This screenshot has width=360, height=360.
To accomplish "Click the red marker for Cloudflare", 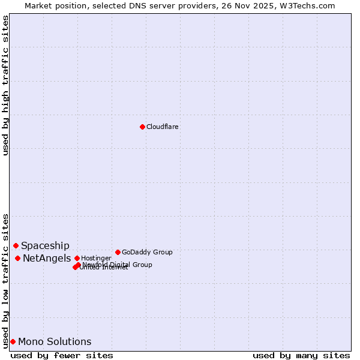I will pyautogui.click(x=142, y=127).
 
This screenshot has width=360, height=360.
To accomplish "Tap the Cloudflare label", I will pyautogui.click(x=163, y=127).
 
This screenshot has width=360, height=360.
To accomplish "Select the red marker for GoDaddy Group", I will pyautogui.click(x=118, y=252).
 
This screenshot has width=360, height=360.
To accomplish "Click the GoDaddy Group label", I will pyautogui.click(x=147, y=252).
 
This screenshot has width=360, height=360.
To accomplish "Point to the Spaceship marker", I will pyautogui.click(x=16, y=245).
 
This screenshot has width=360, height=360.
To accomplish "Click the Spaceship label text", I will pyautogui.click(x=45, y=245).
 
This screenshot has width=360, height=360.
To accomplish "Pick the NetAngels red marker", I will pyautogui.click(x=18, y=258).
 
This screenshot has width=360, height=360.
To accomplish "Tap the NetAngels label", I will pyautogui.click(x=47, y=258).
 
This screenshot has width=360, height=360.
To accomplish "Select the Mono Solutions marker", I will pyautogui.click(x=13, y=341).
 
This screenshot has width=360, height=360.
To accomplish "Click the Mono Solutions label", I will pyautogui.click(x=55, y=341).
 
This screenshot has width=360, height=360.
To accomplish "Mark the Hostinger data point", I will pyautogui.click(x=77, y=258).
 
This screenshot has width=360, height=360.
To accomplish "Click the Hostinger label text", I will pyautogui.click(x=96, y=258).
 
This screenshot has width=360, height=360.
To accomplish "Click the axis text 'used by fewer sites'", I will pyautogui.click(x=62, y=355).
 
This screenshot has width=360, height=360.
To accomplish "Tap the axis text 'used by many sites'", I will pyautogui.click(x=301, y=355).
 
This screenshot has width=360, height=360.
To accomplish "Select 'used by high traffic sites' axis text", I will pyautogui.click(x=5, y=85).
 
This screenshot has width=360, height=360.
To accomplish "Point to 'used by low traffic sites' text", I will pyautogui.click(x=5, y=281).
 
